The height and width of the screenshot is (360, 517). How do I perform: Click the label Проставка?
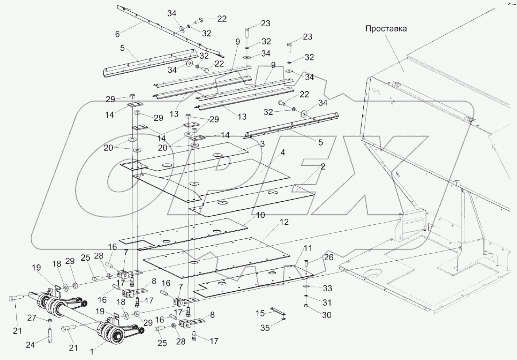point(386,29)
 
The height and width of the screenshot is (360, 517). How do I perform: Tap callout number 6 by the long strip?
point(117,34)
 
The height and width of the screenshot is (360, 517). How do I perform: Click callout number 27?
point(32,318)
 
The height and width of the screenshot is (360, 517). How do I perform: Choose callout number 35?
point(265,328)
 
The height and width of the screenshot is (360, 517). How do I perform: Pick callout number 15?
point(260,314)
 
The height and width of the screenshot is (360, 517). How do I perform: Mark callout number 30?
point(327,314)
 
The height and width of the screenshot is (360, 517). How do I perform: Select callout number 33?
point(327,288)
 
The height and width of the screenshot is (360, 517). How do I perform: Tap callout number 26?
point(328,257)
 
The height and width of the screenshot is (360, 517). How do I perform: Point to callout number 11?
point(308,249)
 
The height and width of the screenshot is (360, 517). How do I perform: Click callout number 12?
point(284,222)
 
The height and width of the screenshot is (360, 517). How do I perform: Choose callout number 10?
point(260,215)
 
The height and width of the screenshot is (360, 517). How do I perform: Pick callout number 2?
point(323,167)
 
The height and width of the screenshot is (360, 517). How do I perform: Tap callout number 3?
point(262,144)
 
